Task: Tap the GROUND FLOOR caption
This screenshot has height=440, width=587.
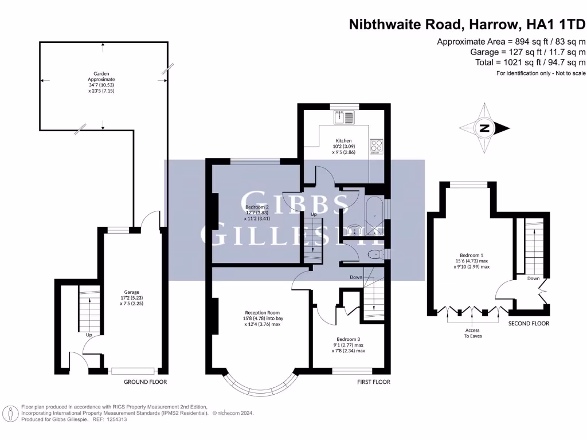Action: [146, 382]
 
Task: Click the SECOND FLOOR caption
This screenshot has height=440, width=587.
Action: [529, 324]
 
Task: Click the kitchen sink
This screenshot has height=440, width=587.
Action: [346, 117]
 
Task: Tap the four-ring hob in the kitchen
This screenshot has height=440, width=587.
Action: [377, 146]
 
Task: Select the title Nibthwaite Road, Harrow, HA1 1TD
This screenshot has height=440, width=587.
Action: [468, 25]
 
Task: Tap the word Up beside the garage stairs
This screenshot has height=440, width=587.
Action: [88, 335]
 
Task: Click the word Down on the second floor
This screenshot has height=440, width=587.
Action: [533, 278]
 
